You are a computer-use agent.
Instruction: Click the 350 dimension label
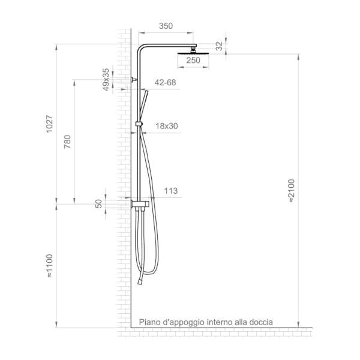pyautogui.click(x=167, y=26)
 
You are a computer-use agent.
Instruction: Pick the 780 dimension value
pyautogui.click(x=67, y=142)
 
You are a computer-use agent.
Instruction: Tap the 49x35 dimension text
pyautogui.click(x=106, y=79)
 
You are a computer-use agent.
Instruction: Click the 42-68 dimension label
pyautogui.click(x=165, y=82)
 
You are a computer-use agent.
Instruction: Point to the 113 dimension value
pyautogui.click(x=170, y=191)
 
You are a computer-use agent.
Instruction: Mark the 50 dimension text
pyautogui.click(x=99, y=204)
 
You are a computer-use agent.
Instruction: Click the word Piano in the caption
pyautogui.click(x=150, y=322)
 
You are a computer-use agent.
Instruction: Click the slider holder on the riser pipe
pyautogui.click(x=139, y=124)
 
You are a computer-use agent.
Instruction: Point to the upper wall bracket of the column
pyautogui.click(x=133, y=79)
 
